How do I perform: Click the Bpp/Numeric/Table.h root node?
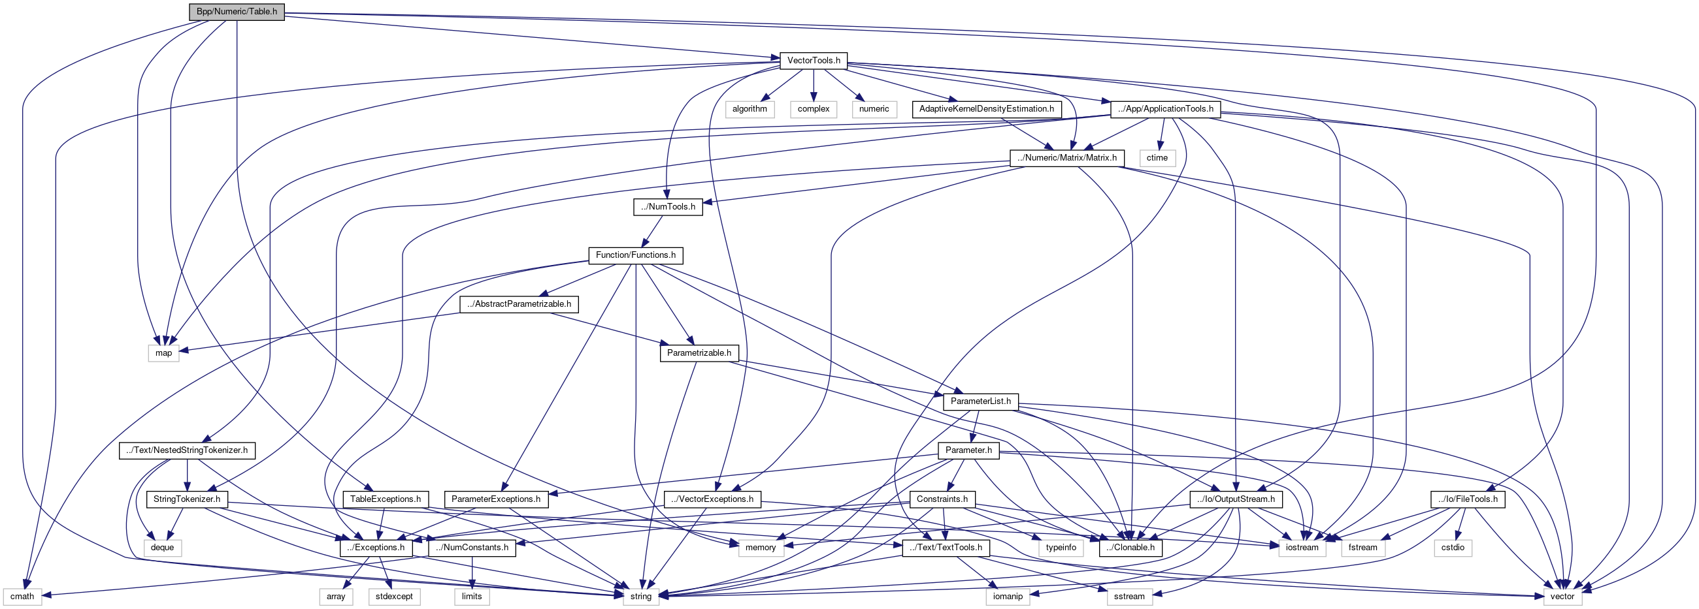pyautogui.click(x=237, y=12)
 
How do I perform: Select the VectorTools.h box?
pyautogui.click(x=813, y=61)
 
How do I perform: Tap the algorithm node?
pyautogui.click(x=750, y=109)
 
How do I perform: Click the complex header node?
pyautogui.click(x=813, y=109)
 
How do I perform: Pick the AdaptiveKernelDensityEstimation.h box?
pyautogui.click(x=986, y=109)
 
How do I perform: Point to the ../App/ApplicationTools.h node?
pyautogui.click(x=1164, y=109)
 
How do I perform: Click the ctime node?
pyautogui.click(x=1157, y=157)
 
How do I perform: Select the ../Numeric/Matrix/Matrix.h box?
pyautogui.click(x=1066, y=157)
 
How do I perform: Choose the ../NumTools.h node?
pyautogui.click(x=667, y=207)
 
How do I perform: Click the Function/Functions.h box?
pyautogui.click(x=635, y=255)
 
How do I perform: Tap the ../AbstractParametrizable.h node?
pyautogui.click(x=519, y=304)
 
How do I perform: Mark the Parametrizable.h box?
pyautogui.click(x=699, y=353)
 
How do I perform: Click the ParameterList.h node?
pyautogui.click(x=980, y=401)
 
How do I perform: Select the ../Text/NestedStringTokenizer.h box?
pyautogui.click(x=187, y=450)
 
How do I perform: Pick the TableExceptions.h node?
pyautogui.click(x=385, y=499)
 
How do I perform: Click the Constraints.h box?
pyautogui.click(x=942, y=499)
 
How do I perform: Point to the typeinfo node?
pyautogui.click(x=1061, y=548)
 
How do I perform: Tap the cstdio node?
pyautogui.click(x=1453, y=548)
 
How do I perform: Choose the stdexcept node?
pyautogui.click(x=394, y=597)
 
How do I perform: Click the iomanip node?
pyautogui.click(x=1007, y=597)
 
